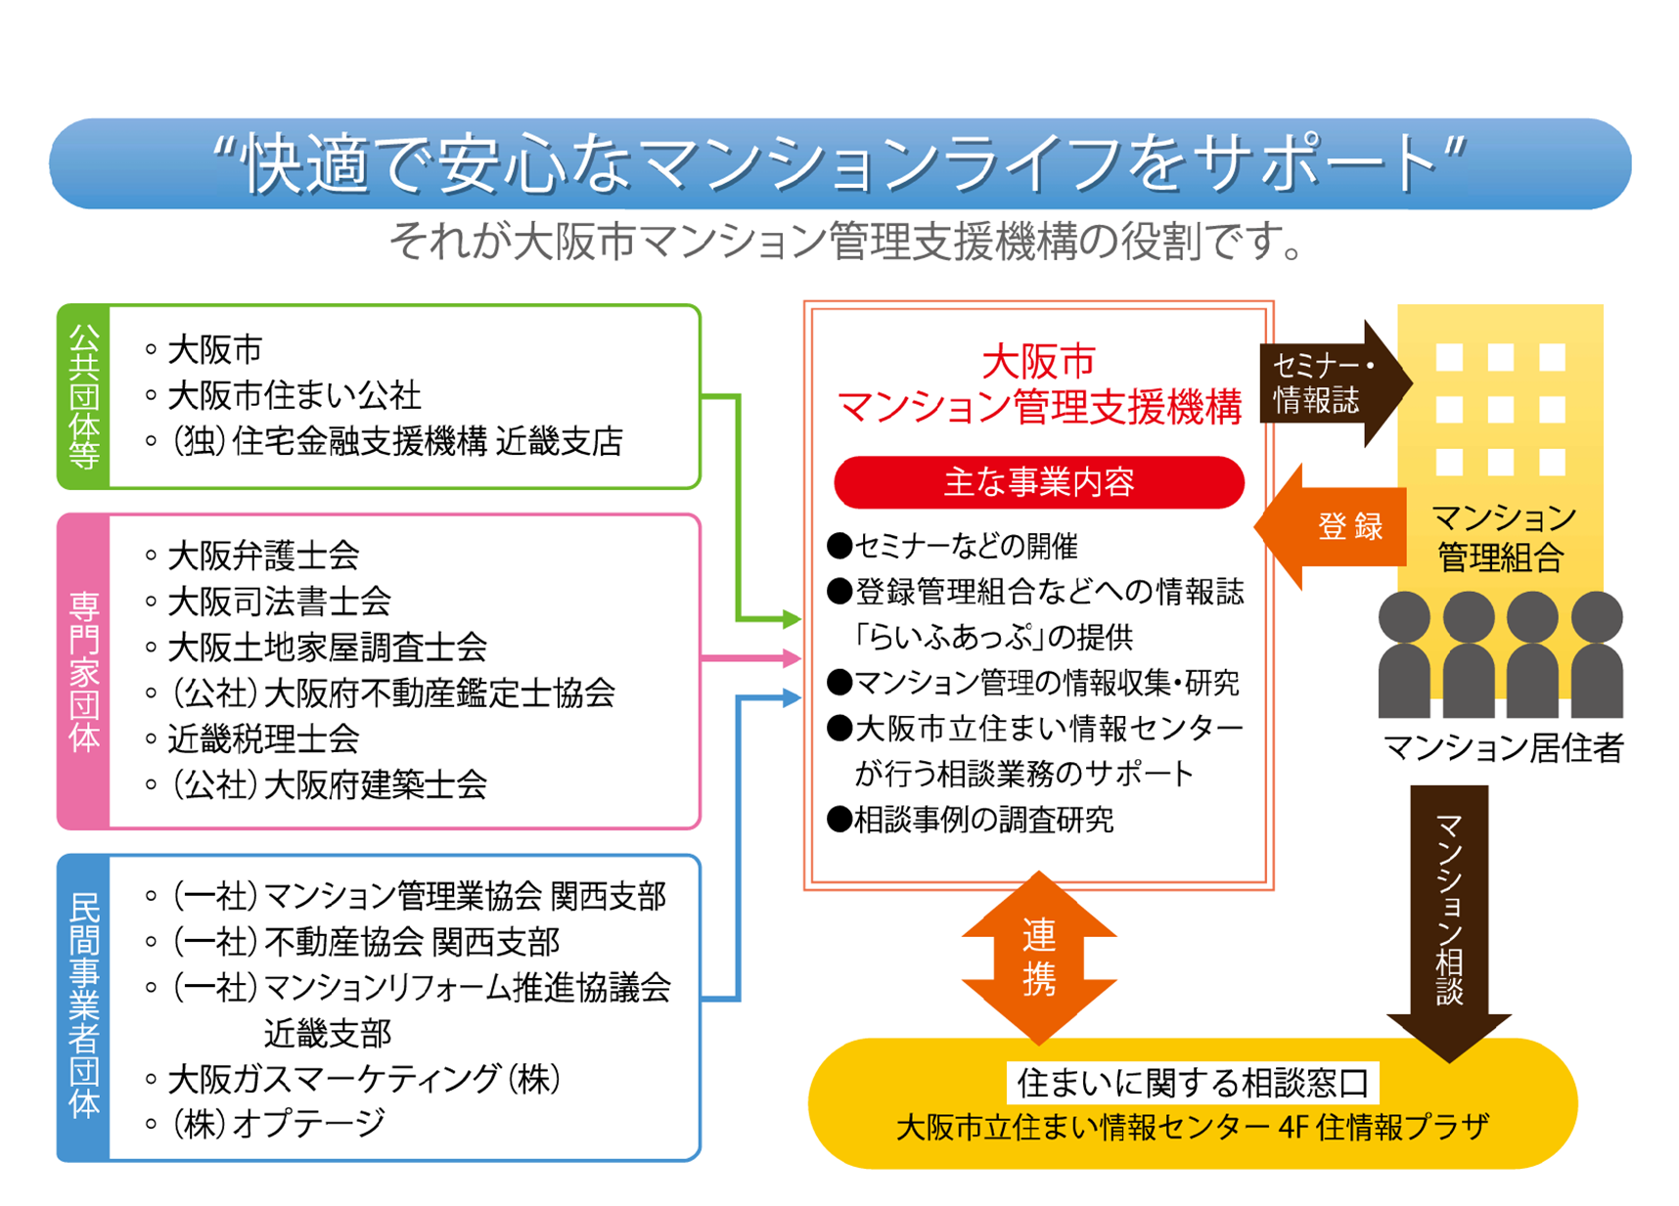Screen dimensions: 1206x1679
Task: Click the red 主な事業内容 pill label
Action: coord(1038,482)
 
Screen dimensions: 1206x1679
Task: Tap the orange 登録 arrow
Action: coord(1337,526)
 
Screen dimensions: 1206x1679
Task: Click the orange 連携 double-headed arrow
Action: coord(1038,959)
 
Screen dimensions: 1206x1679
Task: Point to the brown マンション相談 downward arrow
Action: coord(1449,919)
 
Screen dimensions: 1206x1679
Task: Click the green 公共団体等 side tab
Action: coord(84,396)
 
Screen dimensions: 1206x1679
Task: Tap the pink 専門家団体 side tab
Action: coord(84,671)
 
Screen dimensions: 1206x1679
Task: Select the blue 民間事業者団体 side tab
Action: coord(84,1007)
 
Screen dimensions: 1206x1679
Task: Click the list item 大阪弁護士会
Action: coord(263,556)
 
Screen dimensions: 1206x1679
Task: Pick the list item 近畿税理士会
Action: coord(263,738)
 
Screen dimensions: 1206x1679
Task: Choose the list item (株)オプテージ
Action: coord(279,1124)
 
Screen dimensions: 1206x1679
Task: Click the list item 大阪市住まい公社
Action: coord(294,396)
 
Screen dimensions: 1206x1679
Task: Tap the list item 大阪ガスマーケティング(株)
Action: coord(363,1079)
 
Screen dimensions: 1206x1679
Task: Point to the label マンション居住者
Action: coord(1503,748)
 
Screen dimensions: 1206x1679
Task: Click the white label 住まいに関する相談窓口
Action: coord(1192,1083)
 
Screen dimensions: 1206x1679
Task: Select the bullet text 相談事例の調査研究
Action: coord(982,820)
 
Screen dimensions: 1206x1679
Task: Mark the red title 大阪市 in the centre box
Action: coord(1038,362)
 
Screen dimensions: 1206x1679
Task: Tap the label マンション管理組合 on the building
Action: coord(1503,537)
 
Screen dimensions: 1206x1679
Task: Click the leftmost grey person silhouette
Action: coord(1404,655)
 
